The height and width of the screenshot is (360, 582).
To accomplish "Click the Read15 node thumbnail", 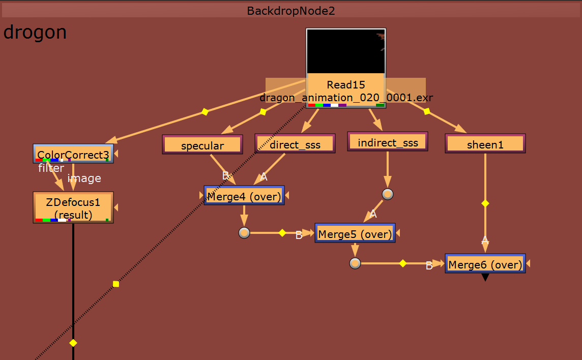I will [x=346, y=51].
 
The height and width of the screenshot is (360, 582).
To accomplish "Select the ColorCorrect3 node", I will [x=73, y=154].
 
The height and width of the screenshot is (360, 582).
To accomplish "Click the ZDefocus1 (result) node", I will [x=73, y=207].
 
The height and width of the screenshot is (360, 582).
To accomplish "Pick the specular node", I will [x=202, y=145].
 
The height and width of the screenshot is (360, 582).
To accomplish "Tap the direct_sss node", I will [x=295, y=144].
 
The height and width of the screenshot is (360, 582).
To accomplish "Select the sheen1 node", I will [x=485, y=144].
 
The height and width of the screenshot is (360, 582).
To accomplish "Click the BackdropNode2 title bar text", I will [x=291, y=11].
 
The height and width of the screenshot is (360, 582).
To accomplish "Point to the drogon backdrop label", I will [x=35, y=33].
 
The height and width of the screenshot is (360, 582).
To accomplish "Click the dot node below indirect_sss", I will [x=388, y=194].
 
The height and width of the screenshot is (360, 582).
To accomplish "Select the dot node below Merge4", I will [x=244, y=233].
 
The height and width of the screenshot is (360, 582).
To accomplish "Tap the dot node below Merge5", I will [x=355, y=263].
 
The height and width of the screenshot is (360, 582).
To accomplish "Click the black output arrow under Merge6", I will [x=485, y=277].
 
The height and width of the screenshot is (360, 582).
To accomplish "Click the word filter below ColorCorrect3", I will [x=51, y=168].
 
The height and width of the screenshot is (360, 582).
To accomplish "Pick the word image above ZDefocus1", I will [x=84, y=178].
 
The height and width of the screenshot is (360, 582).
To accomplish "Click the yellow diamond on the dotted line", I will [x=116, y=284].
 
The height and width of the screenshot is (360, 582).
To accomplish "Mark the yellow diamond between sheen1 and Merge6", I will [x=485, y=203].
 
